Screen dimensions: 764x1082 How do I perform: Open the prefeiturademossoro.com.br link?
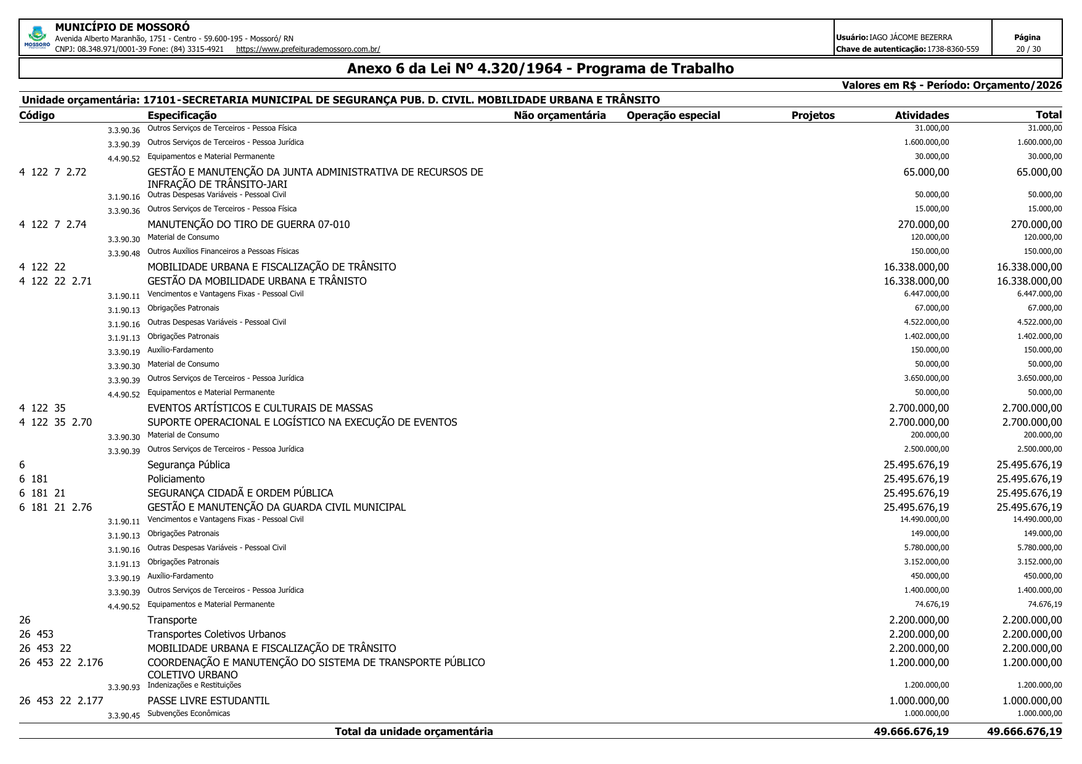pos(308,49)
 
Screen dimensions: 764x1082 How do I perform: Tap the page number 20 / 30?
pos(1027,49)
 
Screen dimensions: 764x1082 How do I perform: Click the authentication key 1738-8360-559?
pos(953,49)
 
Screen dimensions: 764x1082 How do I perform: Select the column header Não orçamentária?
pos(559,115)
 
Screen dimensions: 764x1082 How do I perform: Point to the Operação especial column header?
pos(673,115)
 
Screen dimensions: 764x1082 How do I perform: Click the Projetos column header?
pos(813,115)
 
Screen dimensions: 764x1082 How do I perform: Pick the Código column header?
pos(37,115)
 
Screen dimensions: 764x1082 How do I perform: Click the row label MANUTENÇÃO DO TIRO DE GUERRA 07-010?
pos(248,224)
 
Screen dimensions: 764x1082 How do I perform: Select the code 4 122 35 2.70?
pos(55,422)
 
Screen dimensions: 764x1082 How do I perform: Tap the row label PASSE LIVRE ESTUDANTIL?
pos(208,701)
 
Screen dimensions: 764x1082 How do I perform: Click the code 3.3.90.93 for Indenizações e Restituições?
pos(124,687)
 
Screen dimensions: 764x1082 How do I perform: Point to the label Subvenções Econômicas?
pos(189,713)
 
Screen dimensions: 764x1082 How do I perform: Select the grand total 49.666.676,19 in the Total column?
pos(1024,731)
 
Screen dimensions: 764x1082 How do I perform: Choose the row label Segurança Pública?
pos(189,465)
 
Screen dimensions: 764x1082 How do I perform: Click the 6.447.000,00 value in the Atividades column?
pos(926,294)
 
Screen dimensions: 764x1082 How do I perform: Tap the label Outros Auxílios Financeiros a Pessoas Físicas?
pos(223,251)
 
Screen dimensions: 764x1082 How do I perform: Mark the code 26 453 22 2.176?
pos(61,662)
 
